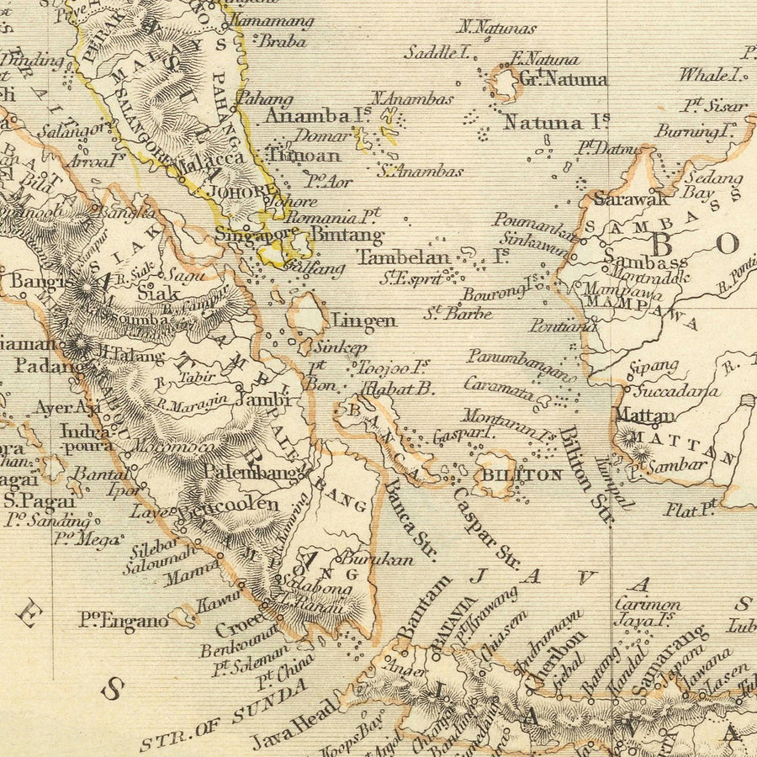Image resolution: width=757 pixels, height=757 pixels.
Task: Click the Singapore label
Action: pos(256,234)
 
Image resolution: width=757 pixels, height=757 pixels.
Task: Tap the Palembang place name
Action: pos(250,473)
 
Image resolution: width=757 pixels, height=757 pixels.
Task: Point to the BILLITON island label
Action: pos(521,474)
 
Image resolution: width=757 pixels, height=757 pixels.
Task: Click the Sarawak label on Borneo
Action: pos(631,199)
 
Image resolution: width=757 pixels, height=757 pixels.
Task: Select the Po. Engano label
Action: pos(124,622)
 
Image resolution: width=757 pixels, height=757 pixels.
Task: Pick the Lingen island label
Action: pos(363,320)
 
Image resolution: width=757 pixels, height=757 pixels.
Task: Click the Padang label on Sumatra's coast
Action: pos(49,366)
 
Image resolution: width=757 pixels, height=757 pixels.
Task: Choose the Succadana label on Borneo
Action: pos(676,390)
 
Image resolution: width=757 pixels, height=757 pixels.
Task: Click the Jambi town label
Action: pos(262,400)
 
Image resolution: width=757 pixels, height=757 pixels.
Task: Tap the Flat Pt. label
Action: pos(690,508)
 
